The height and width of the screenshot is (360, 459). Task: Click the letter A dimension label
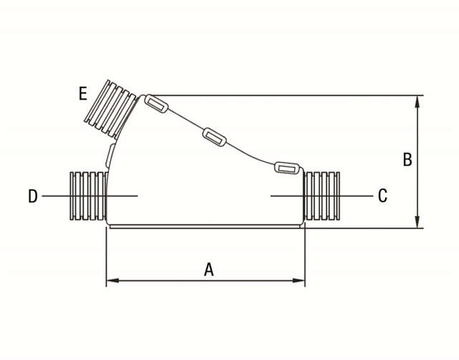click(209, 270)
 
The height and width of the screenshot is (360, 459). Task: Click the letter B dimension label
click(407, 159)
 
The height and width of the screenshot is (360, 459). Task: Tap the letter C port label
click(382, 196)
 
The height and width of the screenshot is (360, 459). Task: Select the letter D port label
click(33, 196)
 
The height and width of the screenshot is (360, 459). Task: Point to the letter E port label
click(83, 94)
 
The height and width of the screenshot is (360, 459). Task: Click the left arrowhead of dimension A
click(113, 280)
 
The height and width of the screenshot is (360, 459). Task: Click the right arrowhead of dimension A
click(298, 280)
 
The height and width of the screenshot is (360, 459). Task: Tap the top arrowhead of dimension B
click(417, 102)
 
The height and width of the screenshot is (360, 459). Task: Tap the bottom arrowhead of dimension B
click(417, 222)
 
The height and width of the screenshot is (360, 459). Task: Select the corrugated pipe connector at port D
click(88, 196)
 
